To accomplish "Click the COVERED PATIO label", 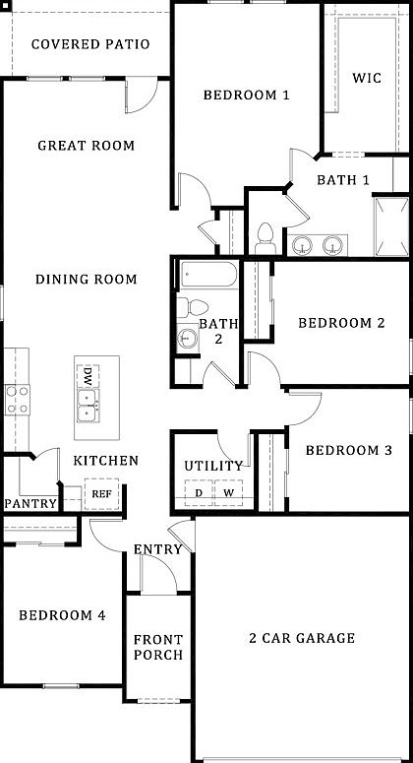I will pyautogui.click(x=89, y=44).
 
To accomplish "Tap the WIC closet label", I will pyautogui.click(x=367, y=78).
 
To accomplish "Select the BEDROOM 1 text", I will pyautogui.click(x=246, y=95).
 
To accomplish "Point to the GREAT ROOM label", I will pyautogui.click(x=86, y=146).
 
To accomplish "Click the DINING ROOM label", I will pyautogui.click(x=86, y=280).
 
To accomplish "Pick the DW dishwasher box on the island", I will pyautogui.click(x=88, y=376).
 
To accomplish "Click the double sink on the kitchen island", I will pyautogui.click(x=88, y=404).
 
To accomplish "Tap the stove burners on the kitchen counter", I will pyautogui.click(x=17, y=398).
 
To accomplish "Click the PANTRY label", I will pyautogui.click(x=29, y=503).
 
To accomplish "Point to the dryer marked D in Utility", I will pyautogui.click(x=198, y=492).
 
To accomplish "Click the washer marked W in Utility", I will pyautogui.click(x=228, y=492).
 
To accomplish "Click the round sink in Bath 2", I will pyautogui.click(x=187, y=340).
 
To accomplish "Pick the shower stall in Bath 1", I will pyautogui.click(x=389, y=225).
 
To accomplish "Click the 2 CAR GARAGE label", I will pyautogui.click(x=301, y=639).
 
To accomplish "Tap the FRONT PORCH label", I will pyautogui.click(x=158, y=647).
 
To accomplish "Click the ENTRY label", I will pyautogui.click(x=157, y=549).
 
